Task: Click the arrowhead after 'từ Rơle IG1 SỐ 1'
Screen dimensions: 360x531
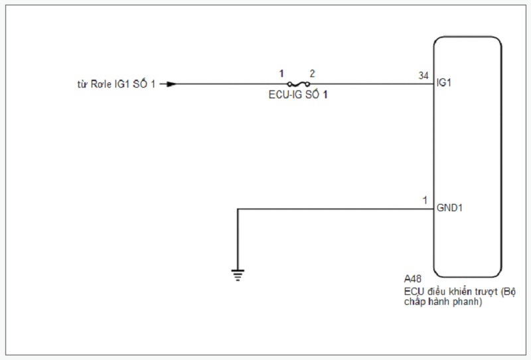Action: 171,84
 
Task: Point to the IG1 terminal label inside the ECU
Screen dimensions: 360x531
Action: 443,84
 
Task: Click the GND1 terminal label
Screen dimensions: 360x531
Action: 449,209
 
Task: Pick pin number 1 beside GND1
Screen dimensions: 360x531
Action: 425,200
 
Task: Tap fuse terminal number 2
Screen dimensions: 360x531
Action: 312,73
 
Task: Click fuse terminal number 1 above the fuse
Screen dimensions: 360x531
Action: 281,73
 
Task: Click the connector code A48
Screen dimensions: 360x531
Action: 412,280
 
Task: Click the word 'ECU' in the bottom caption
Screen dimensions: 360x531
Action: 413,291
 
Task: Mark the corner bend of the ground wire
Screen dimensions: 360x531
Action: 238,209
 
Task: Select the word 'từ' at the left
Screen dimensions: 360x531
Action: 82,84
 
